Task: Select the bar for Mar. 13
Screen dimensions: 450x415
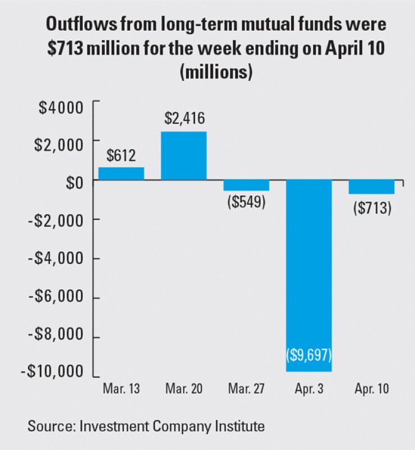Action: tap(121, 173)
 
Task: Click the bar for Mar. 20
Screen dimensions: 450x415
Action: tap(184, 155)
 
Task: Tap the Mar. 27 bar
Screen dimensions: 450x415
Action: tap(246, 186)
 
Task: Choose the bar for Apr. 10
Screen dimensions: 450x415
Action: tap(371, 187)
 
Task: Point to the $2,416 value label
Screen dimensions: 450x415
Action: tap(185, 119)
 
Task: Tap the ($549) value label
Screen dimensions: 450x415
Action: tap(246, 203)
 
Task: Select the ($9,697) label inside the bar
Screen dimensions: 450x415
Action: tap(309, 355)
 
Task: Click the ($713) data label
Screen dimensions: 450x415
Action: tap(372, 207)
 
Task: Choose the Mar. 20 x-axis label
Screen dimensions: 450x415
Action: tap(184, 389)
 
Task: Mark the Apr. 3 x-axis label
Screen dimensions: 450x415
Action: tap(309, 389)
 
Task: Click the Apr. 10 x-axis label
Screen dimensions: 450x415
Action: tap(371, 389)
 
